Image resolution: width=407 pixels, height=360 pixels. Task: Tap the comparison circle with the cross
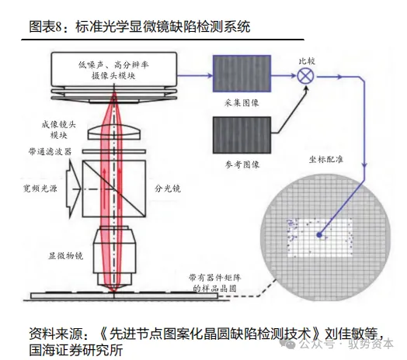click(x=304, y=74)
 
